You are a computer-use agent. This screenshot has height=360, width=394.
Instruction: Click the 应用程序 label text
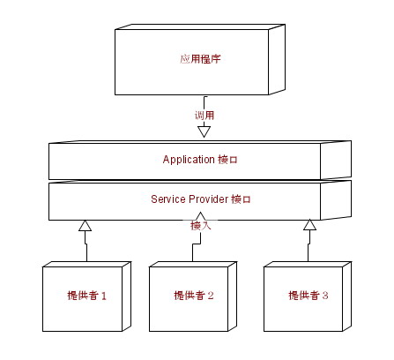200,59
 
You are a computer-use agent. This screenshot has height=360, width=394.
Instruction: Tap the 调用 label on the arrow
204,115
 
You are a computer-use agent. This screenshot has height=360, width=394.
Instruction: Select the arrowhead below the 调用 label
204,132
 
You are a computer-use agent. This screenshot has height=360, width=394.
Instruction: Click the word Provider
209,199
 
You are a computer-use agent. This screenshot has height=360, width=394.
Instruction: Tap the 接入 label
201,226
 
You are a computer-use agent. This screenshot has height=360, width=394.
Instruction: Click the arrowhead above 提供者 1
85,225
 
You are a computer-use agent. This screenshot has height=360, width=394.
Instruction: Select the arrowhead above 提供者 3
309,224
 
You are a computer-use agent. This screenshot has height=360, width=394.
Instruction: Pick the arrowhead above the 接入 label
200,216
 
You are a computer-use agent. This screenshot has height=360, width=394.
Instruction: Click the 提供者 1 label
86,296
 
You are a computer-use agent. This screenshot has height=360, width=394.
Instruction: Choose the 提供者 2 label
194,296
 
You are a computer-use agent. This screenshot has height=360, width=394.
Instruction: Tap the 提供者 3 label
309,296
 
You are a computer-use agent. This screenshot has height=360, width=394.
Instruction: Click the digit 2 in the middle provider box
211,296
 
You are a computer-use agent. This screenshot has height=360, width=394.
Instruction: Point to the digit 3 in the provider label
325,296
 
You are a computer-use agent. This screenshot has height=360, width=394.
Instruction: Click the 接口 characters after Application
227,160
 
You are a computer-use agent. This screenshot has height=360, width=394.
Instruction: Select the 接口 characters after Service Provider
241,199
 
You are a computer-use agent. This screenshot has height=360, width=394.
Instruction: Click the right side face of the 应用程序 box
277,60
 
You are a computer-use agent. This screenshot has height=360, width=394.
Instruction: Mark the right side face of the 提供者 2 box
233,296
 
